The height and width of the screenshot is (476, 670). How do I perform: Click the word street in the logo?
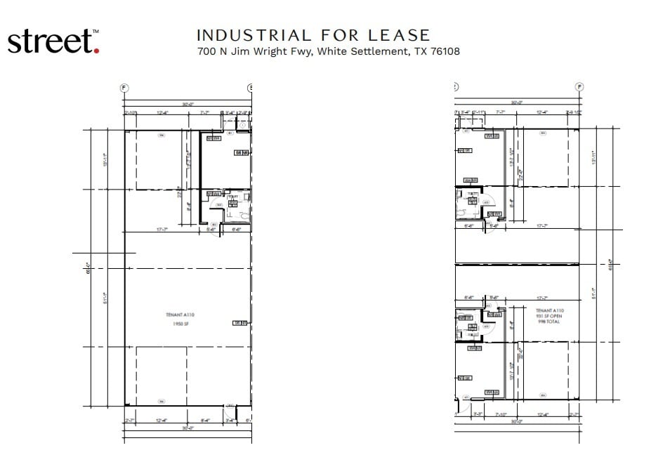point(49,41)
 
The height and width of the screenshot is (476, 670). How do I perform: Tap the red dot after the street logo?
point(96,51)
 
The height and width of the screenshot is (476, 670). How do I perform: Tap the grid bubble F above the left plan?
point(124,88)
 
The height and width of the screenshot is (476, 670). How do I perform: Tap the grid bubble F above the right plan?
point(579,87)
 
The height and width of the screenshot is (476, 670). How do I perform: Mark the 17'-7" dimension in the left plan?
point(161,229)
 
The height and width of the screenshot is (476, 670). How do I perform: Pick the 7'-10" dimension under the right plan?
point(501,414)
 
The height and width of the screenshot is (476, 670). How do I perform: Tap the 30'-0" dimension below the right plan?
point(518,422)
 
